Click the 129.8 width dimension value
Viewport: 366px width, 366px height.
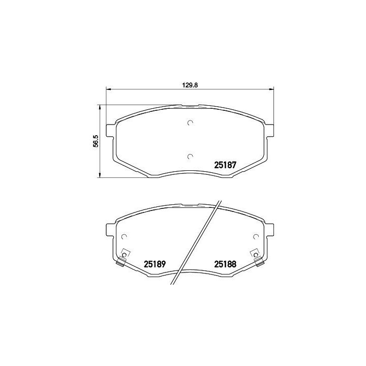click(190, 85)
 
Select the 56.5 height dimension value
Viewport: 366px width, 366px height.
click(96, 141)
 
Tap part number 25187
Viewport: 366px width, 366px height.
click(225, 165)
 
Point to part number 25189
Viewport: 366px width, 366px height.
click(155, 264)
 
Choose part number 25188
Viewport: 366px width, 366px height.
click(225, 264)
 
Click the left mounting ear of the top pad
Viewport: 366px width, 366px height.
click(111, 131)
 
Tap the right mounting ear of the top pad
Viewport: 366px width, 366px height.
click(269, 131)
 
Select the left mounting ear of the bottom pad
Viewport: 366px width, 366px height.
click(111, 230)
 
